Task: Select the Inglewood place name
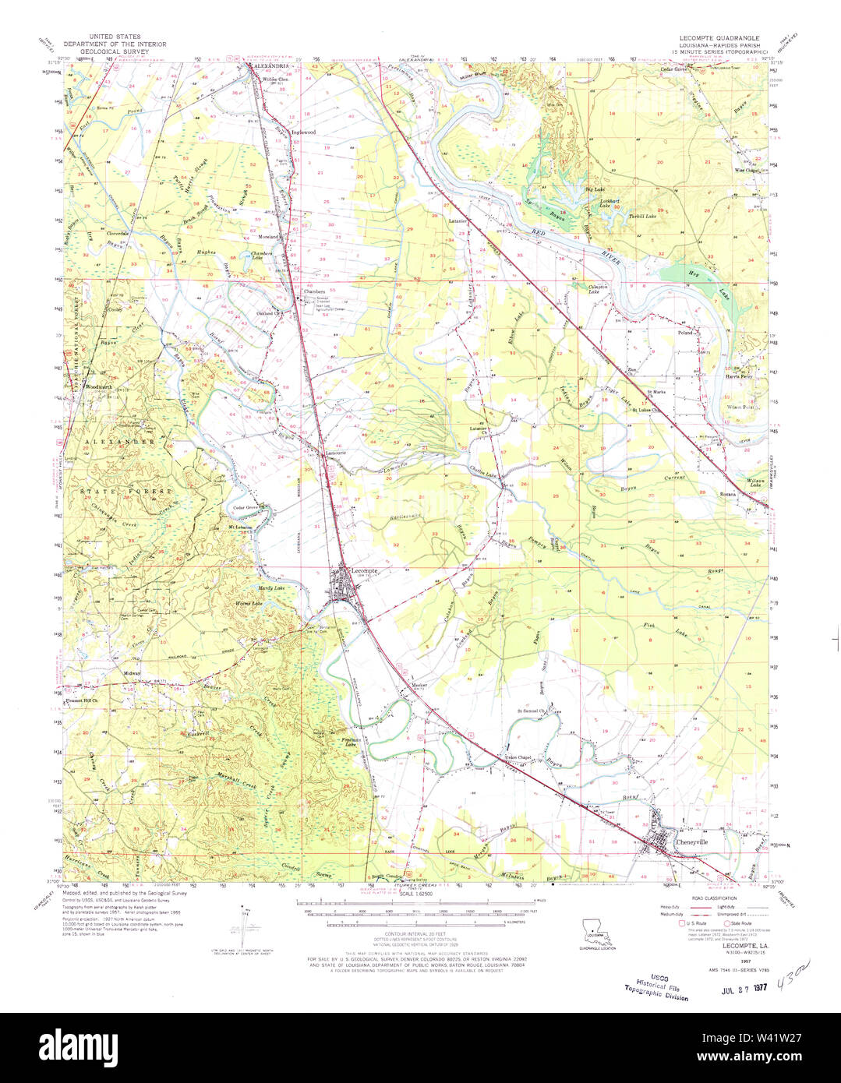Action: coord(303,132)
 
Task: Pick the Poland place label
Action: coord(685,332)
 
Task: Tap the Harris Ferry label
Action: coord(739,376)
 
